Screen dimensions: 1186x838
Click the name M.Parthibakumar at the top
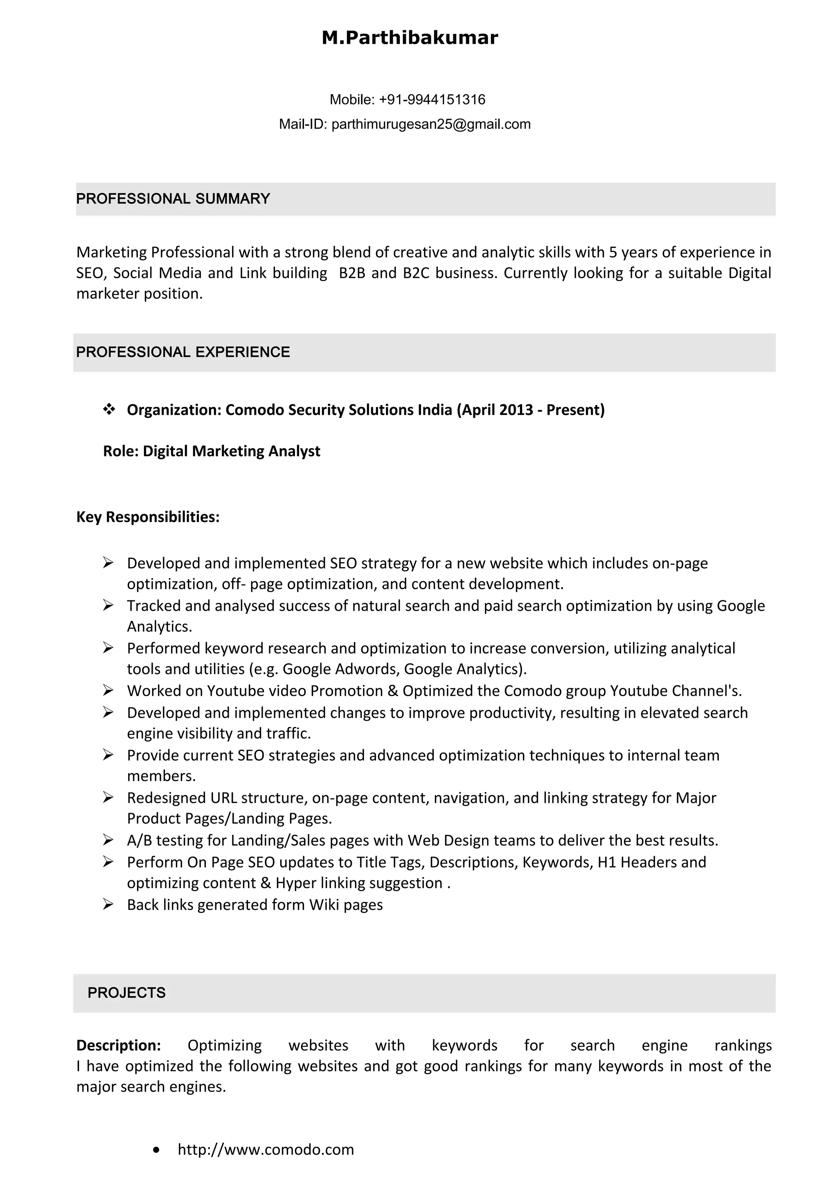[x=410, y=38]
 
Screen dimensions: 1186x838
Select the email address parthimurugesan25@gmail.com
[x=430, y=124]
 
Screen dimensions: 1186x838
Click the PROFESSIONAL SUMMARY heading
[x=173, y=198]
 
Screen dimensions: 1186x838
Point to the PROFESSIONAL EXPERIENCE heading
[x=183, y=352]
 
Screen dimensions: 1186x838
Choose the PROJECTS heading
[x=126, y=992]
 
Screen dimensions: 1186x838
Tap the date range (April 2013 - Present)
[x=530, y=410]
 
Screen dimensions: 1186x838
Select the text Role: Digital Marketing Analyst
[x=212, y=451]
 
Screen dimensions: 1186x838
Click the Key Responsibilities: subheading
[x=148, y=516]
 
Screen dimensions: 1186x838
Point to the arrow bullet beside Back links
[x=108, y=904]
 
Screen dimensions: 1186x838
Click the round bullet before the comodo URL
[x=156, y=1150]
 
